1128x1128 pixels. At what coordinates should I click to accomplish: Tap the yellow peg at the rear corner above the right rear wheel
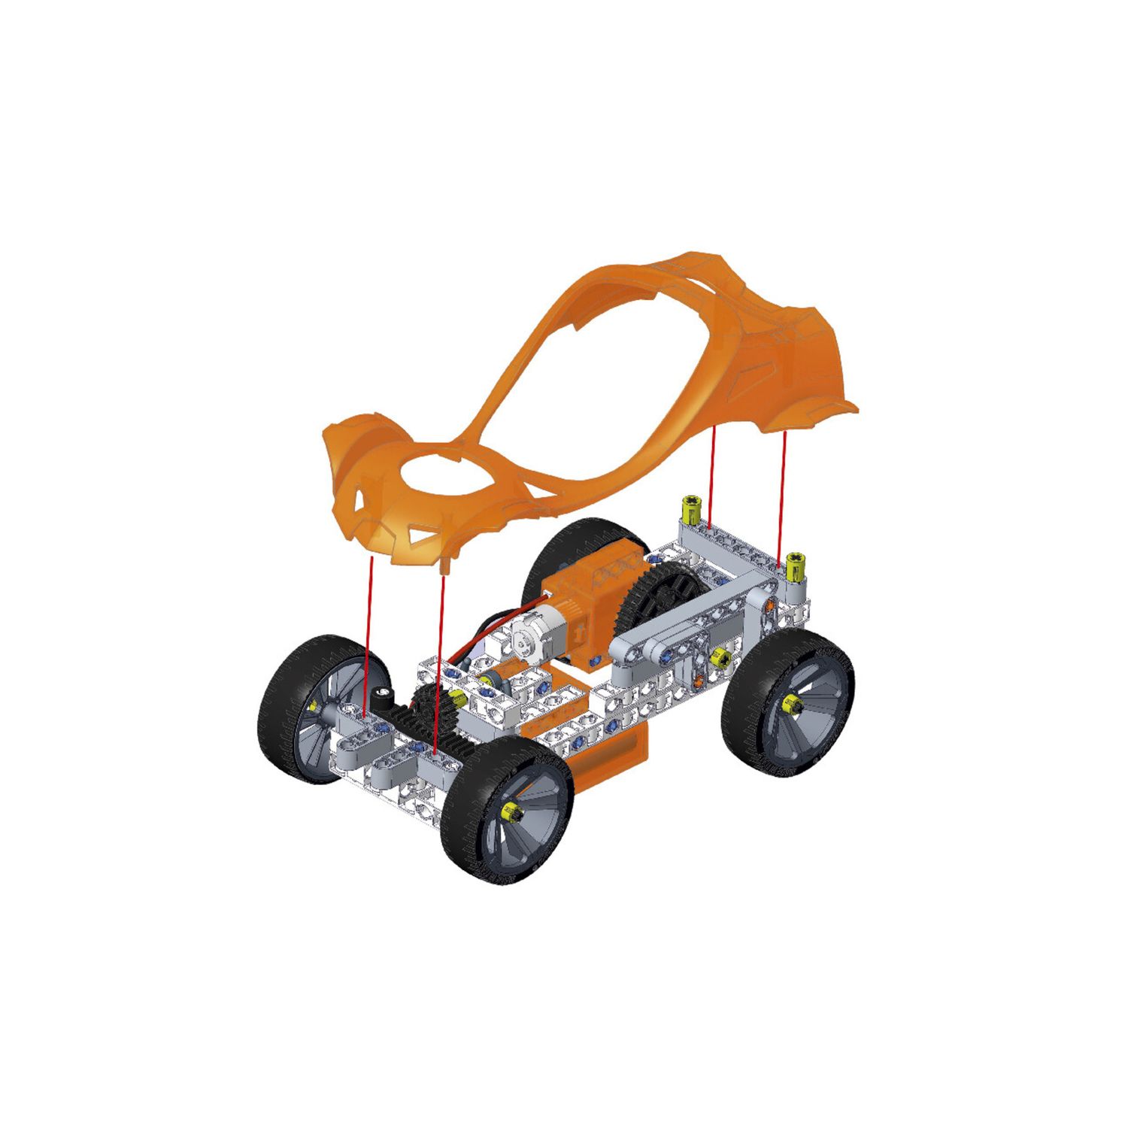796,566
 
